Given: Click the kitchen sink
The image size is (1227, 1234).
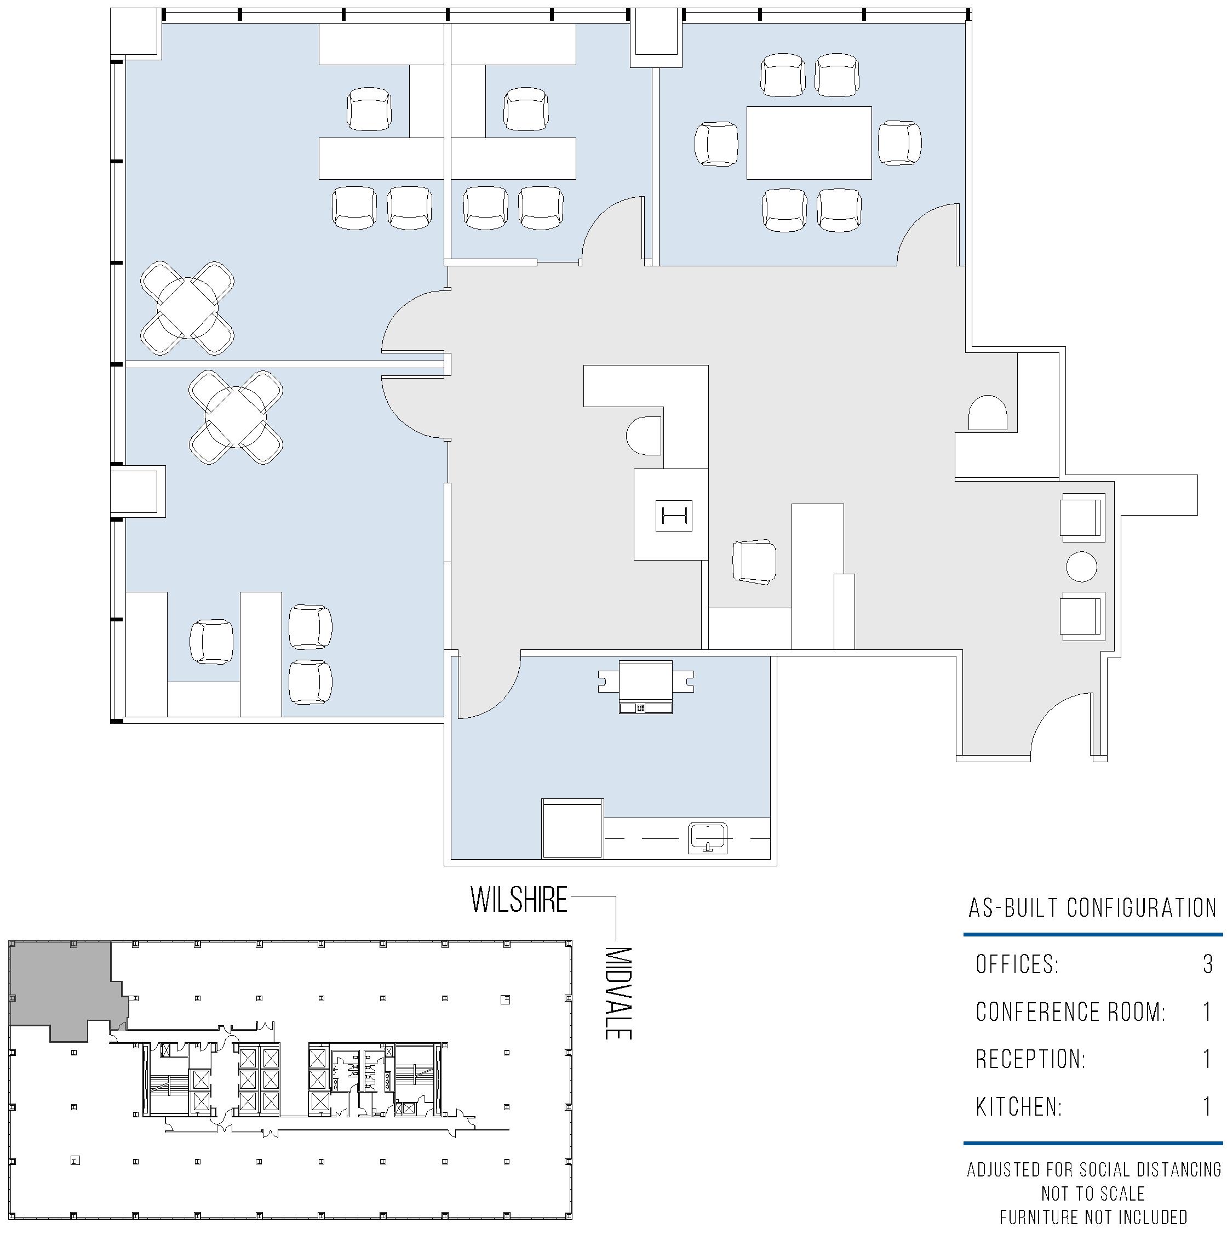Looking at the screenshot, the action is (x=707, y=838).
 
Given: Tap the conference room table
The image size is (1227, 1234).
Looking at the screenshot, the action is (x=809, y=142).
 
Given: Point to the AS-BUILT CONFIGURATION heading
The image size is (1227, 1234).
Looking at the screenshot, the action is (x=1093, y=907).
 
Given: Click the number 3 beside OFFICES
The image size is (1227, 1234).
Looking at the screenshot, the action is (x=1207, y=964).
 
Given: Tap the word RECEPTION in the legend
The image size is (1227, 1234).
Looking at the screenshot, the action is (x=1029, y=1059).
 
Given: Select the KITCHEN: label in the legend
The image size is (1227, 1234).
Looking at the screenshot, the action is (x=1019, y=1107).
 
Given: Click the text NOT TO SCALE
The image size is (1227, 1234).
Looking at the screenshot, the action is (x=1093, y=1194).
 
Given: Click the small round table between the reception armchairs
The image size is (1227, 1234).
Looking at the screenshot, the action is (x=1081, y=567).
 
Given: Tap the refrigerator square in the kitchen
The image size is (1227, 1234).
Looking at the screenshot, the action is (x=572, y=829).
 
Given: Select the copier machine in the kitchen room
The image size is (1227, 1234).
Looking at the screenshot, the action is (x=646, y=687).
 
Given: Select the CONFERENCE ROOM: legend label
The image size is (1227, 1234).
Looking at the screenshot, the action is (x=1070, y=1012).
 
